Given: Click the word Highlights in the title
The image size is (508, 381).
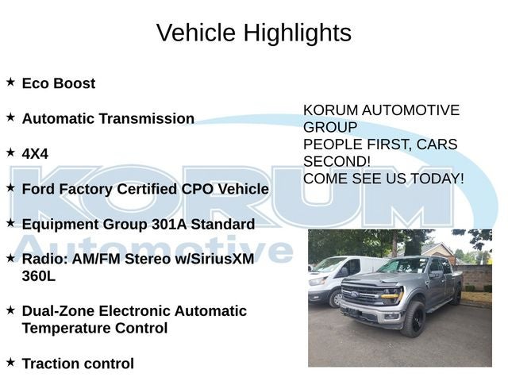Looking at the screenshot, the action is tap(298, 33).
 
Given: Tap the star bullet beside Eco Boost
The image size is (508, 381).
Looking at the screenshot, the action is tap(10, 82).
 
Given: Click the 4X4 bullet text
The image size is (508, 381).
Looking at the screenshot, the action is tap(35, 153).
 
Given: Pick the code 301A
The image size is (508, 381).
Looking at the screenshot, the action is tap(169, 224).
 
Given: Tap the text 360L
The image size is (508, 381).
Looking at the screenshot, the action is tap(39, 276).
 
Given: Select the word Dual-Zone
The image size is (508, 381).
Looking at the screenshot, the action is tap(58, 311).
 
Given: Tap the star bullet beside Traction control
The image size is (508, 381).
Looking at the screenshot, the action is tap(10, 362).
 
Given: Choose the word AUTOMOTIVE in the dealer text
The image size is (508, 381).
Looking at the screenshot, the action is tap(410, 110).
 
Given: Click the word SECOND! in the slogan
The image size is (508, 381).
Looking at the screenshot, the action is tap(337, 161).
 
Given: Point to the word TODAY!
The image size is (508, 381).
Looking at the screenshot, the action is tap(437, 179).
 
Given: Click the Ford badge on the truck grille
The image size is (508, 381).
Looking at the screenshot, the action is tap(355, 294).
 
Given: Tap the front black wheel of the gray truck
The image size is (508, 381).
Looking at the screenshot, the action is tap(414, 319).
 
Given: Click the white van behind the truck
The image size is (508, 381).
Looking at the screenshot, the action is tap(337, 280).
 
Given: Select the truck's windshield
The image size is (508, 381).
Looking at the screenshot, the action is tap(402, 266).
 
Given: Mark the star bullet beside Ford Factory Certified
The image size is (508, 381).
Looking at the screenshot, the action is tap(10, 187).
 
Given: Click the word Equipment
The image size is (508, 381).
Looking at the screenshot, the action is tap(60, 225).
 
